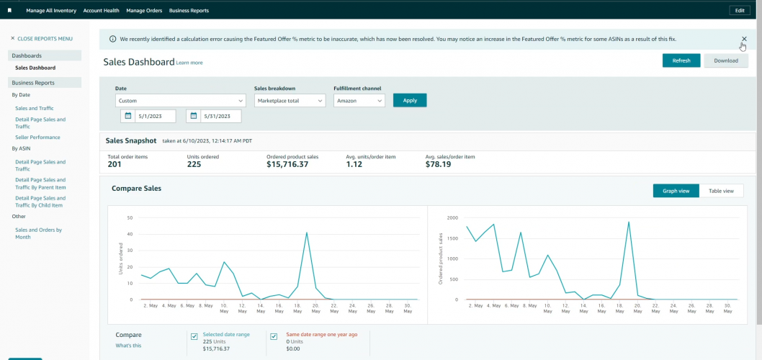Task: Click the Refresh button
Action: tap(681, 60)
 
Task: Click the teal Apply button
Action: tap(410, 100)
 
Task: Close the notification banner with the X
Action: tap(744, 39)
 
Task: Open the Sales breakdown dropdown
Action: tap(290, 101)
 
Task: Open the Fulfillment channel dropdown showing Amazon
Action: tap(359, 101)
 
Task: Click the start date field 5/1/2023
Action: tap(153, 116)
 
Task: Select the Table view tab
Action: tap(721, 191)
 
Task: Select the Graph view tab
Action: tap(676, 191)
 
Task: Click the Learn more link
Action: tap(189, 63)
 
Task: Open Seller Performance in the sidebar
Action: tap(37, 137)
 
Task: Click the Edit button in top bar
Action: tap(740, 11)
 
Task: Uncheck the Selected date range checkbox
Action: tap(194, 336)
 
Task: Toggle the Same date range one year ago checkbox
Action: tap(274, 336)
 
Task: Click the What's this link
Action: tap(128, 346)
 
